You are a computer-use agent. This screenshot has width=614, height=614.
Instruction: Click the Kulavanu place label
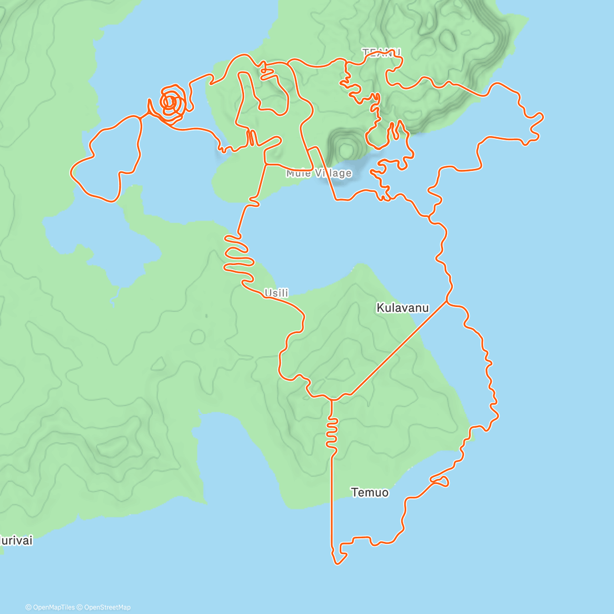pos(403,308)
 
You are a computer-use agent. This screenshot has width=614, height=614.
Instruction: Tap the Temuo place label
pos(370,493)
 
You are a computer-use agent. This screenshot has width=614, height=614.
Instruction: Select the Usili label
pos(276,293)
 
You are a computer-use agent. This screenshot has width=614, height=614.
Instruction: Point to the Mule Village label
pos(319,173)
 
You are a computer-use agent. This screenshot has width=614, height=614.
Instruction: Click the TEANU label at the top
pos(381,53)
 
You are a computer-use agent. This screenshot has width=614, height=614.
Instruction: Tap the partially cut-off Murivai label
pos(15,540)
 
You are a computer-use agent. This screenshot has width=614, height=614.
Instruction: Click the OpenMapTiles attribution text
pos(50,607)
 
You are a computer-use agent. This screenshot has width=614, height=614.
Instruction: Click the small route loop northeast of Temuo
pos(441,480)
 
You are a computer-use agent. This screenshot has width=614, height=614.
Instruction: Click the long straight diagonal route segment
pos(397,350)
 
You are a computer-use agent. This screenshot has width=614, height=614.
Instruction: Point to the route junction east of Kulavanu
pos(447,302)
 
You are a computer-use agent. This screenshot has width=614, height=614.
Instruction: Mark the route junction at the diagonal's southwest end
pos(332,399)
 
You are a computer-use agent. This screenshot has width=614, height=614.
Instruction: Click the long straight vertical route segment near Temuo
pos(332,501)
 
